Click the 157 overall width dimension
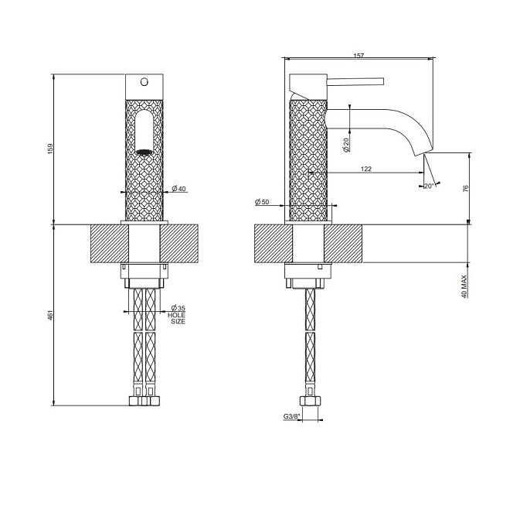359,56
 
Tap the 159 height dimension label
50,149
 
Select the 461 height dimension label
50,316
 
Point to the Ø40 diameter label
179,189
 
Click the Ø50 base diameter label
262,202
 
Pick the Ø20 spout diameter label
346,145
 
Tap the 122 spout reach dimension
365,169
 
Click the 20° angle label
429,186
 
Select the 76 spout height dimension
466,189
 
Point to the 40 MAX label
464,286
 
